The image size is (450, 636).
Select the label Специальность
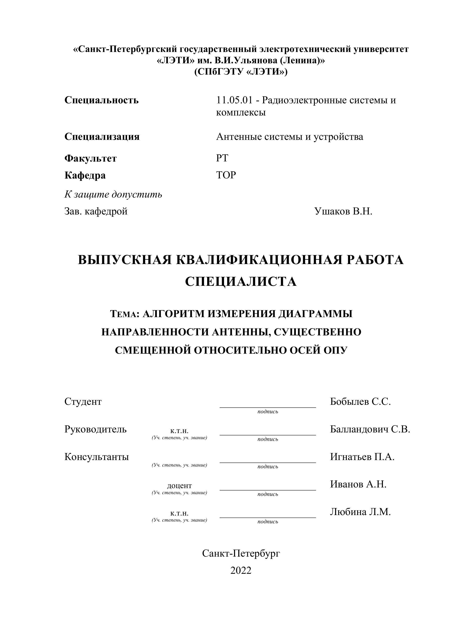tap(101, 100)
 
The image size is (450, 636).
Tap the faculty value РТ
tap(222, 158)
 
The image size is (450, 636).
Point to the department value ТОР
tap(226, 175)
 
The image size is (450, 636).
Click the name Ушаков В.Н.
tap(343, 211)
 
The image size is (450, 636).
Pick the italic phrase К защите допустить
tap(113, 194)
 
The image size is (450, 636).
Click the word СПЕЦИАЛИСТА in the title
tap(241, 282)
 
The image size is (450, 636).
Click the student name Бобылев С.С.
tap(360, 401)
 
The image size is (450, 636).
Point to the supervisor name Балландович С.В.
tap(370, 429)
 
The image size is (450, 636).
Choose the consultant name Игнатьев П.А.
tap(362, 457)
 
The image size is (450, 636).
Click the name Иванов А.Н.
tap(358, 484)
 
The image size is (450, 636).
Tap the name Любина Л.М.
tap(360, 512)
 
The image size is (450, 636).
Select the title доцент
tap(179, 485)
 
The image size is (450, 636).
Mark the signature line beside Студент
tap(268, 407)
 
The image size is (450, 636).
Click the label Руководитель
tap(95, 429)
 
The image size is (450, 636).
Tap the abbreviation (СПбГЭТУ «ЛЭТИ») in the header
tap(241, 72)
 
